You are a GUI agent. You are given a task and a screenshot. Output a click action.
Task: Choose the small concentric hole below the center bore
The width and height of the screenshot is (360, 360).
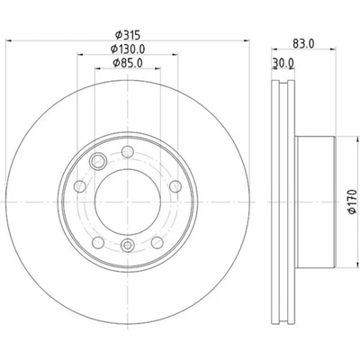(x=127, y=243)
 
